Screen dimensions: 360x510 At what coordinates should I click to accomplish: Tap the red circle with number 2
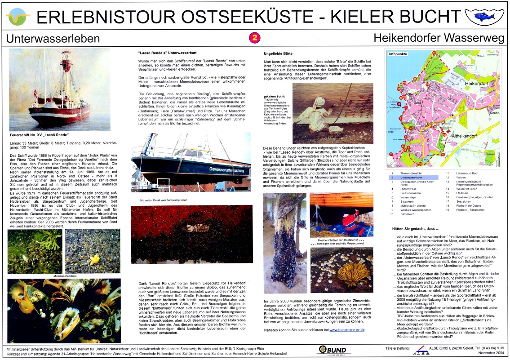tap(255, 38)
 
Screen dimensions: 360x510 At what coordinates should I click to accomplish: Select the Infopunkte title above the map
tap(398, 53)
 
